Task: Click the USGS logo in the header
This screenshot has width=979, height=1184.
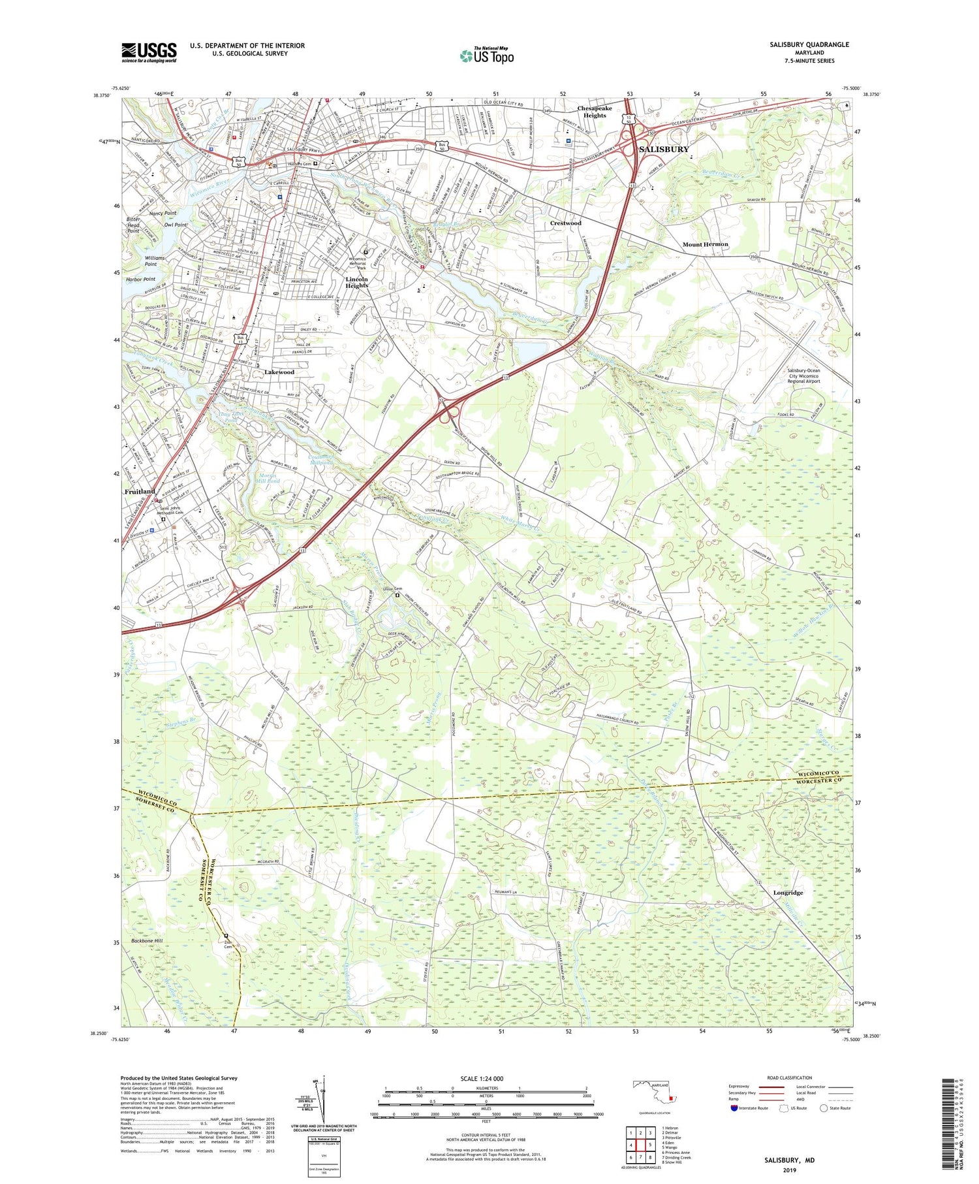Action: [149, 52]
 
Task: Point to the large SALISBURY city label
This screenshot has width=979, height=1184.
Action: [664, 150]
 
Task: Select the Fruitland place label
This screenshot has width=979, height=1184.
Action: [140, 491]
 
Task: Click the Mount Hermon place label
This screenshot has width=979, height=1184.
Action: [705, 244]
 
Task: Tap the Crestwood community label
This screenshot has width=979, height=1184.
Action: [565, 223]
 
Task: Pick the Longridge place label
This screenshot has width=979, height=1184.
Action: [788, 892]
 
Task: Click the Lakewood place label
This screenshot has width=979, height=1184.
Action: [279, 372]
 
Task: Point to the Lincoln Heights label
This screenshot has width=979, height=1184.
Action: [357, 282]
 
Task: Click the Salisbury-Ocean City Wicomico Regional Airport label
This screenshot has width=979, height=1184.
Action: [803, 376]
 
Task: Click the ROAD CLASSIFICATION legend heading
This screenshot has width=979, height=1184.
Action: [790, 1078]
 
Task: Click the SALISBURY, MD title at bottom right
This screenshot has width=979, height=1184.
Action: [790, 1160]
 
